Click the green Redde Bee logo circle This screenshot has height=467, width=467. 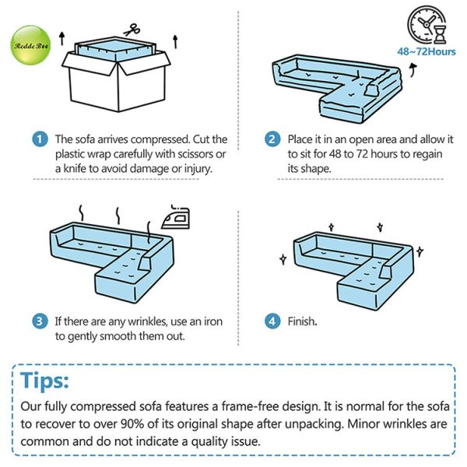[30, 45]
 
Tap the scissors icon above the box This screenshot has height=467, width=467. [132, 30]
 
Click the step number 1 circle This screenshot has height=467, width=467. [40, 139]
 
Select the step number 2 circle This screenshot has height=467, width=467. [272, 139]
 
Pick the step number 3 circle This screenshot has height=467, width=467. [40, 321]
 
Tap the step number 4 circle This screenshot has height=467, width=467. [272, 321]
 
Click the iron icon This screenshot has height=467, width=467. [176, 217]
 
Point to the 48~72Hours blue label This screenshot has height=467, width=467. [427, 51]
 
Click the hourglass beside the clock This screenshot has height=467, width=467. [440, 34]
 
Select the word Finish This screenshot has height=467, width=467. [302, 321]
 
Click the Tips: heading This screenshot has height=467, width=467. [44, 381]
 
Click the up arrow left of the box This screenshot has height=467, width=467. [61, 38]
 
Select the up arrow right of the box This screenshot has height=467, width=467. [175, 42]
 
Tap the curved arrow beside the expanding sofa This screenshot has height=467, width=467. [413, 70]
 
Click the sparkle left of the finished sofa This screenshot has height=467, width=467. [283, 259]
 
